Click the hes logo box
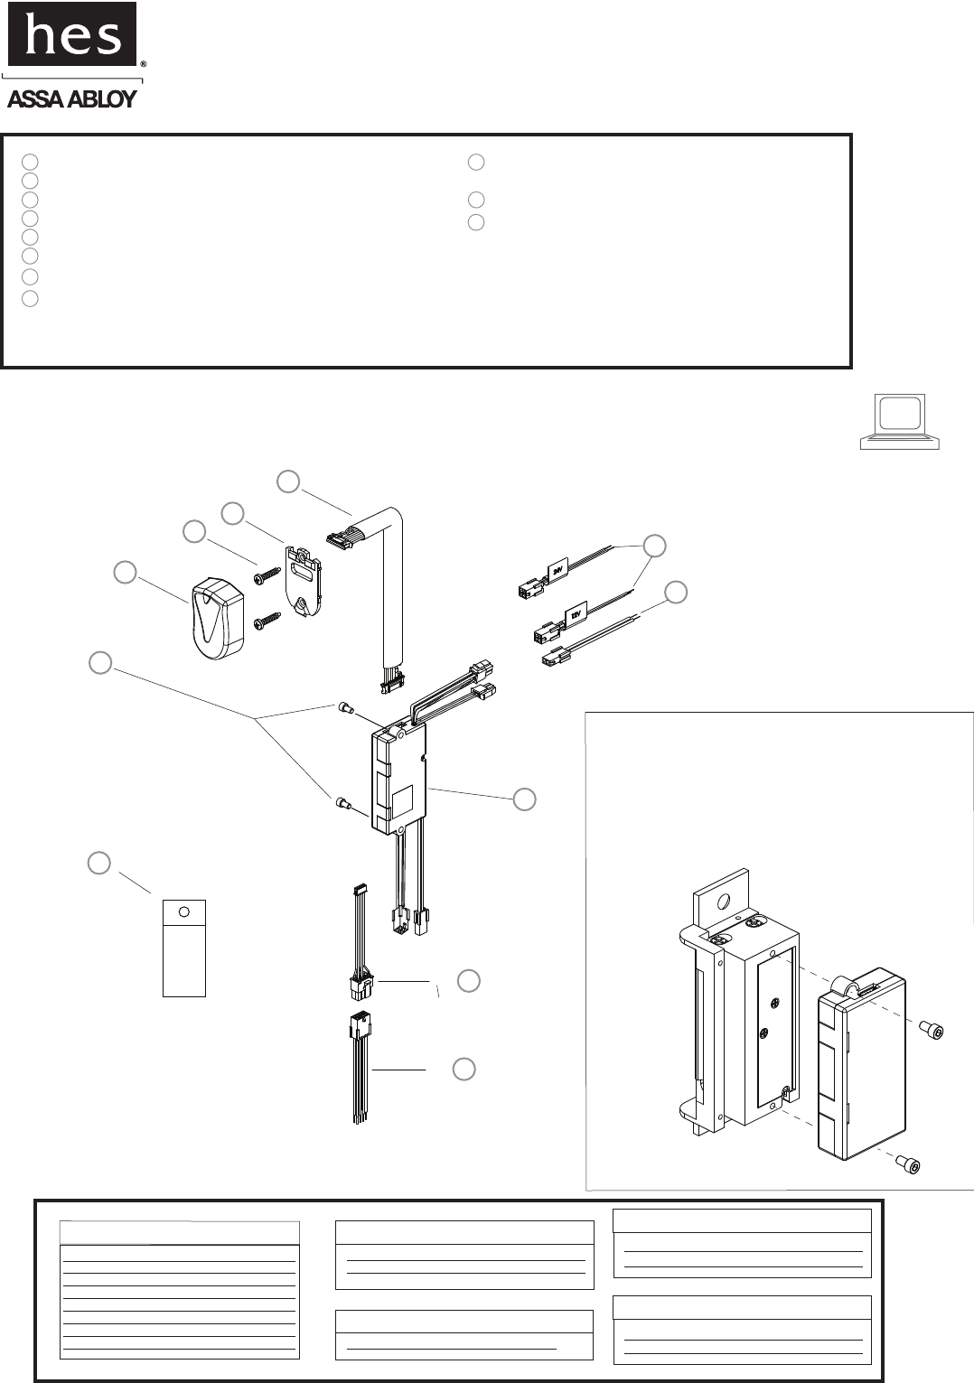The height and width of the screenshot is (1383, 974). [x=72, y=34]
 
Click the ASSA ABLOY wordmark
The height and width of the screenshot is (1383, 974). [x=72, y=98]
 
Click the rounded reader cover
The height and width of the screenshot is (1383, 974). [x=218, y=619]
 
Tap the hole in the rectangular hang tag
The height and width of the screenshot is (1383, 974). [x=183, y=911]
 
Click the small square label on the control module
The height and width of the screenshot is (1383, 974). [x=401, y=798]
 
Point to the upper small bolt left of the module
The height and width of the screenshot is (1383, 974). [x=344, y=709]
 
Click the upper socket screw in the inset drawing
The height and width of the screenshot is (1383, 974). [x=932, y=1030]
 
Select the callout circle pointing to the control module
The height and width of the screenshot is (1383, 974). [x=524, y=799]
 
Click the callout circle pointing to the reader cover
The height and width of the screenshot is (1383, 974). [x=125, y=572]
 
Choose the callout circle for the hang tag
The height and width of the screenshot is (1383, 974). [x=99, y=863]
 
